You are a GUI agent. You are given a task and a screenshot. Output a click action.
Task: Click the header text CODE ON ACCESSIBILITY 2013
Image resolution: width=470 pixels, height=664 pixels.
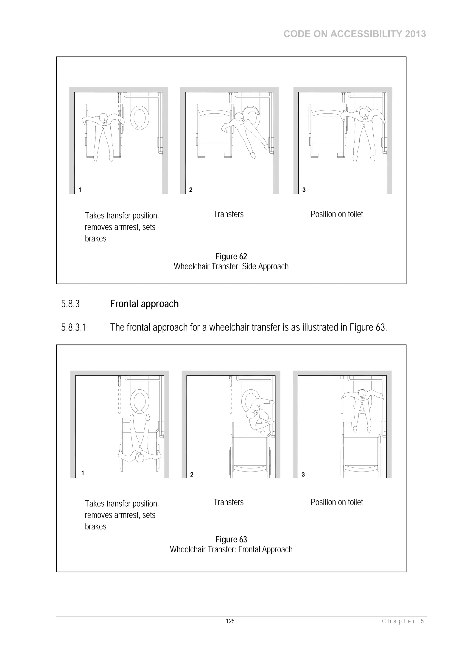[355, 34]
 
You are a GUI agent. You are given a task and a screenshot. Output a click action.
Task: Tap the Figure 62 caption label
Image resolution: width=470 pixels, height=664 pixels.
[231, 256]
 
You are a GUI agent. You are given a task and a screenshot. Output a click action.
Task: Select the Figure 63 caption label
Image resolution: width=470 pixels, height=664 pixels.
[231, 539]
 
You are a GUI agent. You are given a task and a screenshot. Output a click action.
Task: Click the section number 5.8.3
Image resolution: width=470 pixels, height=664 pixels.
[70, 304]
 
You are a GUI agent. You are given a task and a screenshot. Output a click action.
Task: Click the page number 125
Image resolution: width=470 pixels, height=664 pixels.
[230, 621]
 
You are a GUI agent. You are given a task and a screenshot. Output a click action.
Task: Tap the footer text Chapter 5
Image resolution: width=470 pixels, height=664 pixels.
[403, 621]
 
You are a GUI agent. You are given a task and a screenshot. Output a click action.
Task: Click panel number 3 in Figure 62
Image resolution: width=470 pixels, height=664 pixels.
[304, 190]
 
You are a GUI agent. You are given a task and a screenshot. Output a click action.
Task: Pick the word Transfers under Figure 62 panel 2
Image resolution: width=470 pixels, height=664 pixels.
[229, 214]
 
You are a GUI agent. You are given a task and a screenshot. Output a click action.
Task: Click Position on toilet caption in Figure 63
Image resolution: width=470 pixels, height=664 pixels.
[336, 502]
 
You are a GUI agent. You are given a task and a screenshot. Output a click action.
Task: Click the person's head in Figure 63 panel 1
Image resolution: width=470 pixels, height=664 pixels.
[140, 458]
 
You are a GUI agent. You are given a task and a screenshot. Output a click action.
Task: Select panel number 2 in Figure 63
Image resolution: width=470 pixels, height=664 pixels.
[192, 475]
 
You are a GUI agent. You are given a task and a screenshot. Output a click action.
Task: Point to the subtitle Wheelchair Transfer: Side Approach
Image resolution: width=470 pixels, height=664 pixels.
[231, 266]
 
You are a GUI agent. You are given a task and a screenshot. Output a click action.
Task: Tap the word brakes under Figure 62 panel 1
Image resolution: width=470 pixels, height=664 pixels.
[95, 239]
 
